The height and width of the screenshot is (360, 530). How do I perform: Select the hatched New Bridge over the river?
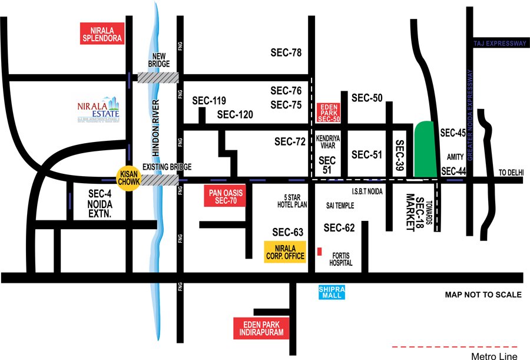(x=158, y=77)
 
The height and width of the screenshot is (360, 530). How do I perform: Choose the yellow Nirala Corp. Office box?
(x=285, y=251)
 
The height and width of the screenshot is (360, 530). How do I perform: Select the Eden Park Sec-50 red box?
(x=329, y=112)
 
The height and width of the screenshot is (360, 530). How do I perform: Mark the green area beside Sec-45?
(x=424, y=149)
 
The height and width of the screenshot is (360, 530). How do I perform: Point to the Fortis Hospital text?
(x=342, y=259)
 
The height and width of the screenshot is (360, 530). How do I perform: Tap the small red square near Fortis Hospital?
(x=319, y=252)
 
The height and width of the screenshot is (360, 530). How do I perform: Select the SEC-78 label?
(x=286, y=53)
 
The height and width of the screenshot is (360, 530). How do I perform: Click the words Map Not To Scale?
(x=483, y=294)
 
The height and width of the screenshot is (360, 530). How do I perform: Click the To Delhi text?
(x=511, y=171)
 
